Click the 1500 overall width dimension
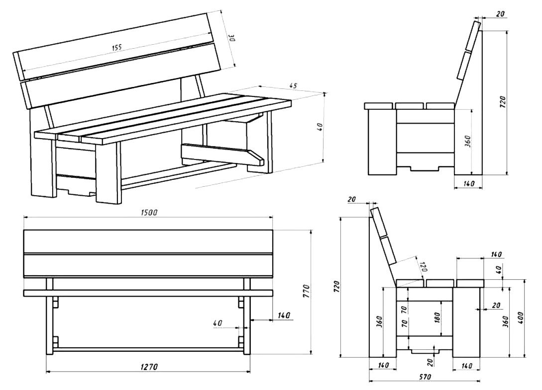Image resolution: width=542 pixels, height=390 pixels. coord(149,212)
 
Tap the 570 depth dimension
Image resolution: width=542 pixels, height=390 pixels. coord(425,377)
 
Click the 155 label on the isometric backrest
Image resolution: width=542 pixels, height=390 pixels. coord(116,47)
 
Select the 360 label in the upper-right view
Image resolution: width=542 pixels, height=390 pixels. coord(466,141)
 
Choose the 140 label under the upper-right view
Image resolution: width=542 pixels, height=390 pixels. coord(469,183)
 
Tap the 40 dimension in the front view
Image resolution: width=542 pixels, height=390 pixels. coord(217,323)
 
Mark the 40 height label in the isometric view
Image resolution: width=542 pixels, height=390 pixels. coord(321,127)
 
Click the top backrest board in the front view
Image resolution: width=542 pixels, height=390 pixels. coord(148,241)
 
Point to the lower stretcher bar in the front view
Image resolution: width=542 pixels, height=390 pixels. coord(148,349)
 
